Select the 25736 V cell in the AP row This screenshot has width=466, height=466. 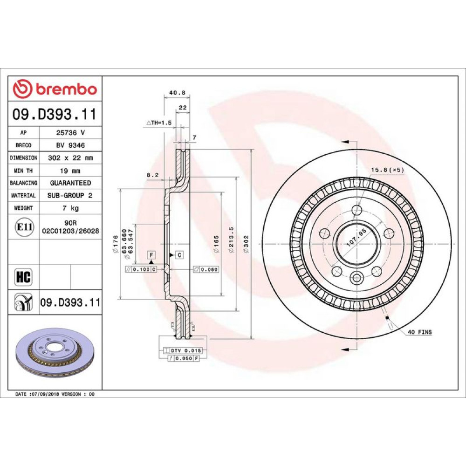point(70,133)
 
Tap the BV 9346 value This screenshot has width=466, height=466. point(70,145)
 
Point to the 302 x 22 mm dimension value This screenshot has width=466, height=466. point(70,158)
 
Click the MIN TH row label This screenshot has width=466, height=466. point(23,171)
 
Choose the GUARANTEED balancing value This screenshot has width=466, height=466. point(70,183)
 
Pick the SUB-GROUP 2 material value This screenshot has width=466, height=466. point(70,195)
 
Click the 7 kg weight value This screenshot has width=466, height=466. point(70,208)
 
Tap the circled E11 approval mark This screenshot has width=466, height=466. point(24,227)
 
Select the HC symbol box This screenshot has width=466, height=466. point(23,277)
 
